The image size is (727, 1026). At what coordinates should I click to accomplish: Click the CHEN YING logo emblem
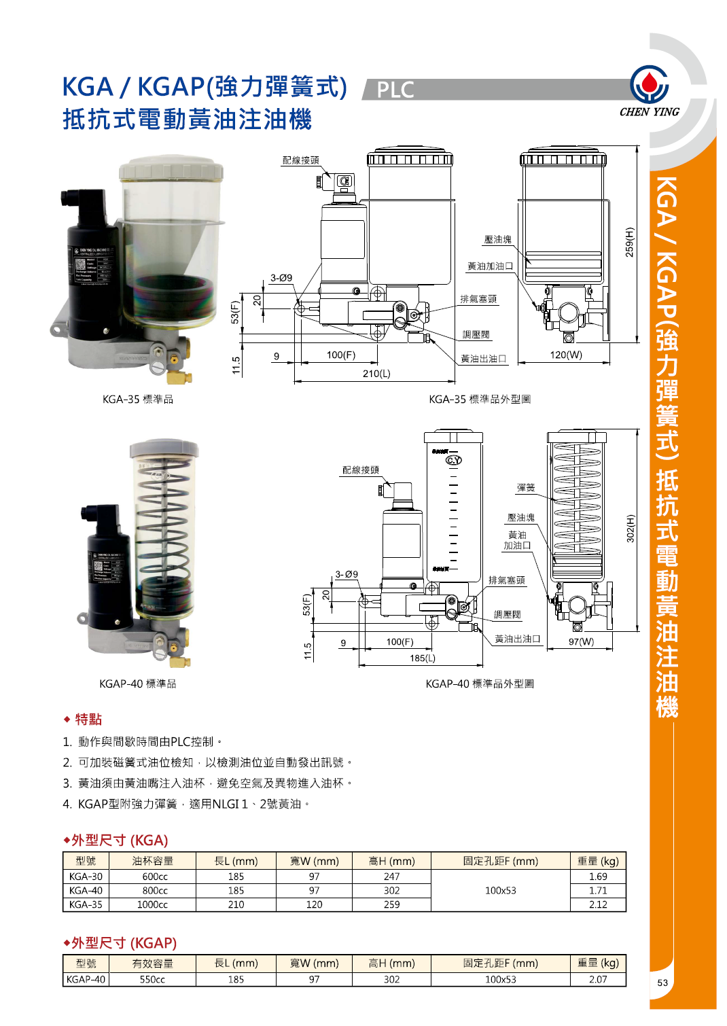[x=649, y=84]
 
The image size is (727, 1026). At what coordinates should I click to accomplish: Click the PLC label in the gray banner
[x=395, y=90]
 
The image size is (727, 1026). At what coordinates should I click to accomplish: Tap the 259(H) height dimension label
[x=629, y=242]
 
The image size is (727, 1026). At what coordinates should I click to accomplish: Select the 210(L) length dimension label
[x=376, y=374]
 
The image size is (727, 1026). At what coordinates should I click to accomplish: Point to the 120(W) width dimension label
[x=566, y=355]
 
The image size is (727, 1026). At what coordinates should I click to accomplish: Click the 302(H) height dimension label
[x=630, y=528]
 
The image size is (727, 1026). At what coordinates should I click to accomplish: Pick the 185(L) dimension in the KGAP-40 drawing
[x=423, y=658]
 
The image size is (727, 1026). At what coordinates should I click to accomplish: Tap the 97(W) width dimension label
[x=581, y=641]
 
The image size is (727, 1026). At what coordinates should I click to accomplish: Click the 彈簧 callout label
[x=526, y=488]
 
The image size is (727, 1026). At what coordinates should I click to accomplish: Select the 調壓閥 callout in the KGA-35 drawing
[x=476, y=335]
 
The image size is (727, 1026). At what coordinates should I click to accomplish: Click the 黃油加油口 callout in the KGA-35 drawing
[x=490, y=266]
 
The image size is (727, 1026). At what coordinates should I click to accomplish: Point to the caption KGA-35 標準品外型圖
[x=480, y=400]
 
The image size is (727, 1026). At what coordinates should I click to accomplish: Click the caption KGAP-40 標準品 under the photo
[x=138, y=684]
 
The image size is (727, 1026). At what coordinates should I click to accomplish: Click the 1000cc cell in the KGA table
[x=152, y=904]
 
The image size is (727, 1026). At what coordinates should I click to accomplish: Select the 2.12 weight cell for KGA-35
[x=598, y=904]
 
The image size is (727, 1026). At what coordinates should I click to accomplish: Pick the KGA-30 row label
[x=86, y=877]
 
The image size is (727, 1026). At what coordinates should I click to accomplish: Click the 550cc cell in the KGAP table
[x=152, y=979]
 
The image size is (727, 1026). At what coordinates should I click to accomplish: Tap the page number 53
[x=662, y=983]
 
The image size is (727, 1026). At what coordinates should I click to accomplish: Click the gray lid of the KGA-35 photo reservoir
[x=171, y=168]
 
